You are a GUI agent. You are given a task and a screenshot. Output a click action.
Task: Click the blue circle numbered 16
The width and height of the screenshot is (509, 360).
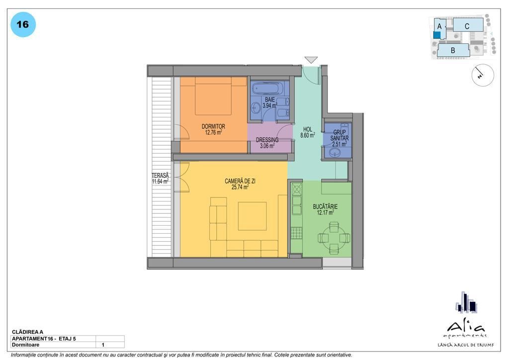click(x=23, y=25)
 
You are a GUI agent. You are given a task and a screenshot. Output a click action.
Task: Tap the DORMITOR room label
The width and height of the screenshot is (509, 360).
click(x=213, y=126)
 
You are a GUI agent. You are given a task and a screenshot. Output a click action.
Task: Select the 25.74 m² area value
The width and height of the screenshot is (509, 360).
click(x=240, y=187)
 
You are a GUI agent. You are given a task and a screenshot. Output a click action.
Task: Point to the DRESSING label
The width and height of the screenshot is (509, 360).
click(x=267, y=140)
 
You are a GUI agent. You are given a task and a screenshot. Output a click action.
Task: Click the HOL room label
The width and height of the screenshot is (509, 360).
click(x=307, y=129)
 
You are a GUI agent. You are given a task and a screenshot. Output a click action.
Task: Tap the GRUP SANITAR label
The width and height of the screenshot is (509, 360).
click(x=339, y=135)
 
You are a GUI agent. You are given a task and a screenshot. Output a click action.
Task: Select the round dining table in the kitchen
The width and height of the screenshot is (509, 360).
click(x=334, y=238)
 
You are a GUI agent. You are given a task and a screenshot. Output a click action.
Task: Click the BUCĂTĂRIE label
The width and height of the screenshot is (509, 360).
click(x=325, y=206)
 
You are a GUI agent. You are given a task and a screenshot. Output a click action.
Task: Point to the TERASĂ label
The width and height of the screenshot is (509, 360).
click(x=161, y=176)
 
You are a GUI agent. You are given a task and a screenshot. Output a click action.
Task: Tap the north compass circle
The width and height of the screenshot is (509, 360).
click(x=483, y=75)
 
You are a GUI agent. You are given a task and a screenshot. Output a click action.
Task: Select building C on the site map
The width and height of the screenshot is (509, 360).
click(x=468, y=25)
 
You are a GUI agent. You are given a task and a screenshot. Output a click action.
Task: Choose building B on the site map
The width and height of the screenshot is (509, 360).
click(x=453, y=50)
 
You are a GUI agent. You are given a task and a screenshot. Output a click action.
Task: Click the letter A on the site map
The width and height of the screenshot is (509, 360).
click(x=439, y=26)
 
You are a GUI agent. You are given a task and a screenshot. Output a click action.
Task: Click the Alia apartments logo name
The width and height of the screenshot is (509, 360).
click(x=466, y=327)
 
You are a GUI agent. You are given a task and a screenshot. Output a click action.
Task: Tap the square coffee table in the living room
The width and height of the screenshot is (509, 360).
click(x=252, y=216)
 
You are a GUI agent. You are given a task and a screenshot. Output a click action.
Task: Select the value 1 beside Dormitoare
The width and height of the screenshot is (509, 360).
click(x=103, y=345)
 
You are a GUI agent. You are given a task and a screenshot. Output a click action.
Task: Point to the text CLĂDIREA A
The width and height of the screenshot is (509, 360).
click(x=28, y=332)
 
